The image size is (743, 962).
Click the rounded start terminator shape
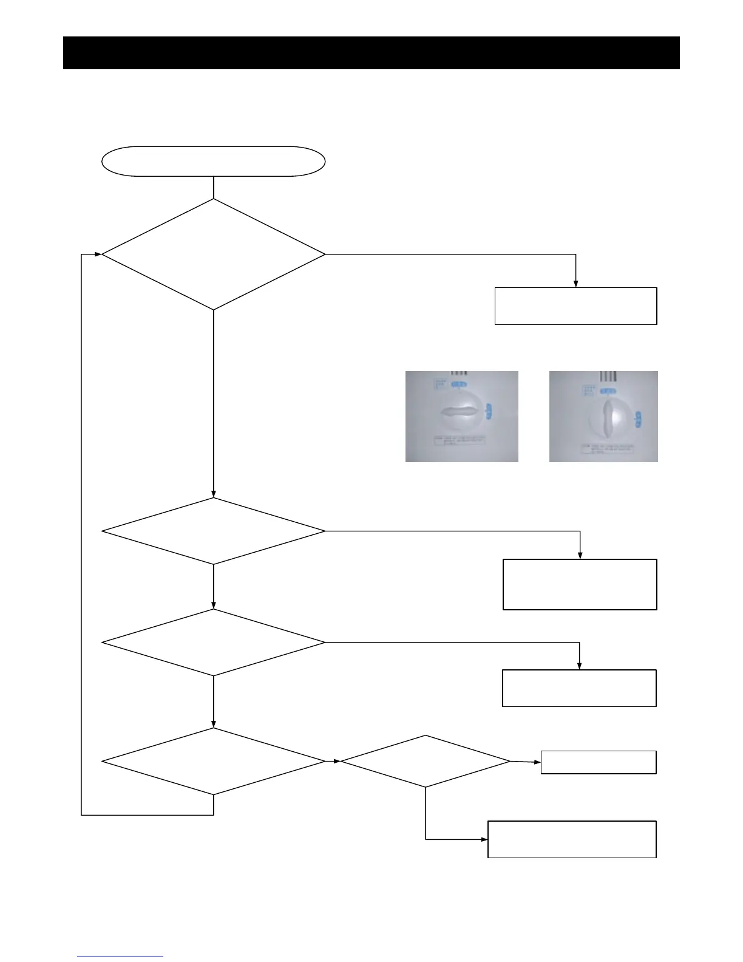coord(213,162)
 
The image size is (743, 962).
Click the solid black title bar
coord(371,53)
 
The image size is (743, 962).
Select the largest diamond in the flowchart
coord(213,254)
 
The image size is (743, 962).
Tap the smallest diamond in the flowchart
coord(425,761)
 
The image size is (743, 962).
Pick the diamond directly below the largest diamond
coord(213,531)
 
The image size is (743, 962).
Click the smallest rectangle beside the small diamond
coord(598,762)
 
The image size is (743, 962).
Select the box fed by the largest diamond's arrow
coord(575,306)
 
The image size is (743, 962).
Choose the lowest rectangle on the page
coord(572,839)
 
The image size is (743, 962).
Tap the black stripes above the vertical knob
coord(608,376)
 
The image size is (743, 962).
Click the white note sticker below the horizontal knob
coord(460,440)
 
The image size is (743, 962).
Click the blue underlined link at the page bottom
coord(120,957)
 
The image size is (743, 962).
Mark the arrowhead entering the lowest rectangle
coord(484,839)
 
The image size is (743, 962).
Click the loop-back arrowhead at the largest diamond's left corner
coord(98,254)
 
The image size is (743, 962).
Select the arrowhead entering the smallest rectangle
coord(537,762)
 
